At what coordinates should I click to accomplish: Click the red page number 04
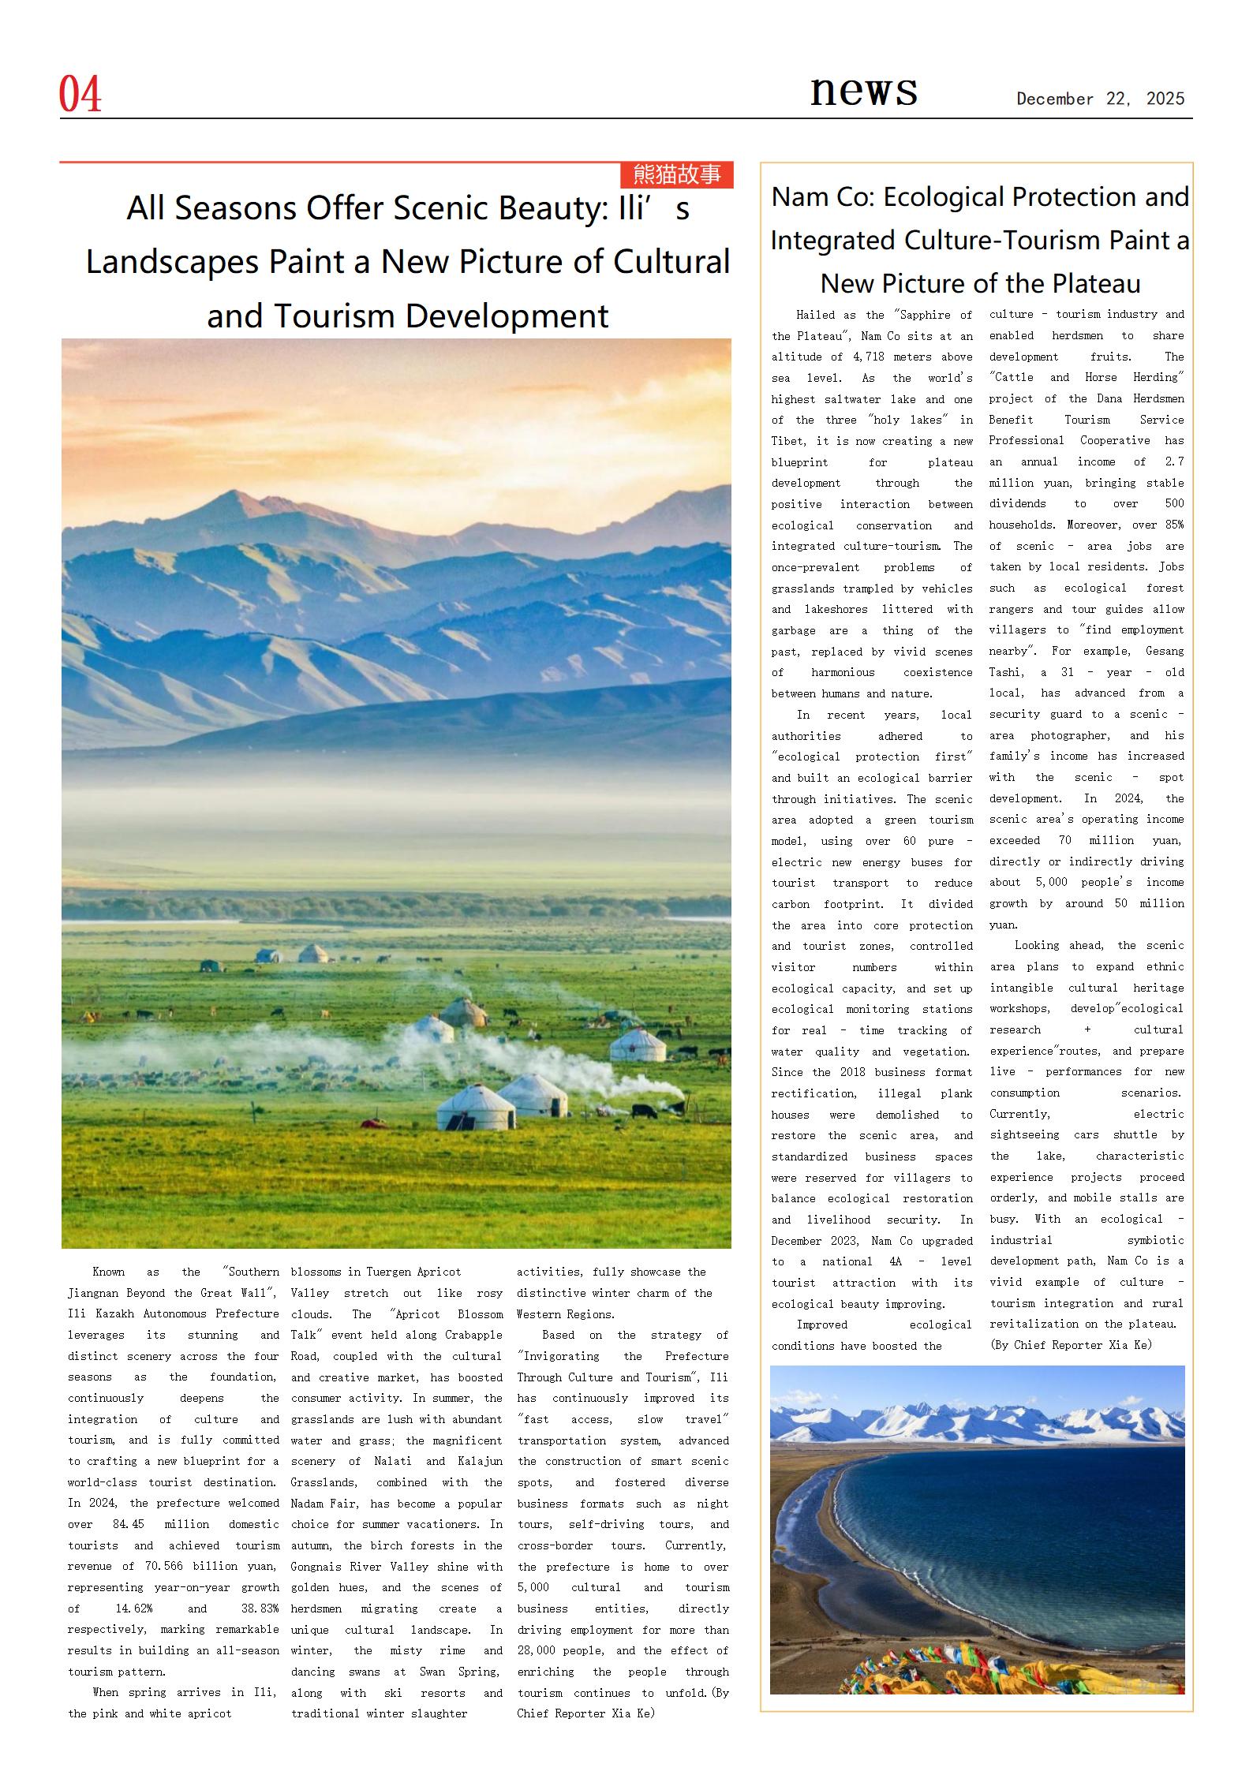click(x=80, y=95)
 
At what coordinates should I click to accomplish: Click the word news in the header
click(x=863, y=91)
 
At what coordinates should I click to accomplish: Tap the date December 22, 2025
click(x=1100, y=99)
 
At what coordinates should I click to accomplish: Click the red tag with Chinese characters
click(x=677, y=174)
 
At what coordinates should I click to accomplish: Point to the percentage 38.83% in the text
click(x=260, y=1608)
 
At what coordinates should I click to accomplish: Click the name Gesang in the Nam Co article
click(x=1165, y=652)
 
